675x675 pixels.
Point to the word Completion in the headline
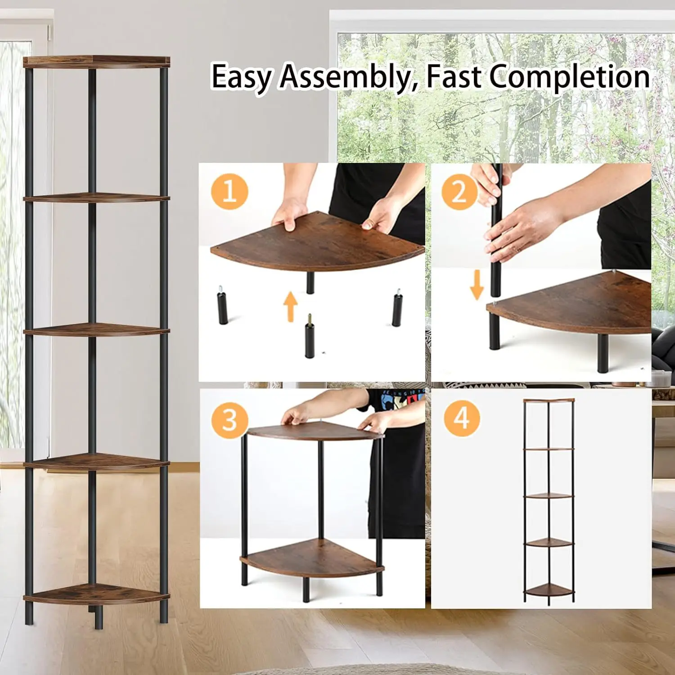(x=569, y=76)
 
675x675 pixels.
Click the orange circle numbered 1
(x=229, y=191)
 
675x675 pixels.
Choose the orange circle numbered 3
(x=229, y=419)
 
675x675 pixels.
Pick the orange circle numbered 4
(x=461, y=418)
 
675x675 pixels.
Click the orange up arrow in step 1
(x=291, y=306)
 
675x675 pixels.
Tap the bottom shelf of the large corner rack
(x=96, y=594)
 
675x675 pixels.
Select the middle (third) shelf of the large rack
(x=96, y=330)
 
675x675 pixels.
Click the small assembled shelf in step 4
(x=549, y=499)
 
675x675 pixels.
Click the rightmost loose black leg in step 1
(x=396, y=308)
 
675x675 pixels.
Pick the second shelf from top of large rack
(x=96, y=198)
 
